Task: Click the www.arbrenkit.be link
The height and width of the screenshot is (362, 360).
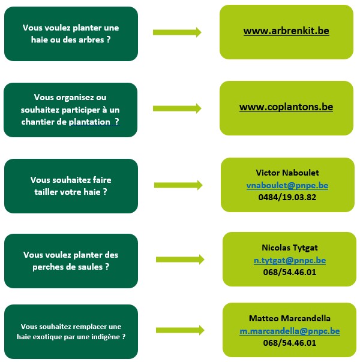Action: [286, 31]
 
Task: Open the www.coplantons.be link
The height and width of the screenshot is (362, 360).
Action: [286, 107]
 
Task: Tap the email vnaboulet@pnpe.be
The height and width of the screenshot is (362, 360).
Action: [287, 185]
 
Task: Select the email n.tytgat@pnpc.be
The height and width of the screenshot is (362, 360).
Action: [290, 261]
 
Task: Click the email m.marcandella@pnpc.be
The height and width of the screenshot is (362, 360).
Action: [290, 331]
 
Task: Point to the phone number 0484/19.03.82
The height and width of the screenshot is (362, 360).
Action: [287, 197]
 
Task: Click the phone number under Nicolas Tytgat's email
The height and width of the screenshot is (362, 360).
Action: [290, 272]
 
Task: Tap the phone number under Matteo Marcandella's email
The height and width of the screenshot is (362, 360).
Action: [290, 343]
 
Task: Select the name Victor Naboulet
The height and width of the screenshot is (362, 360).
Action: [287, 173]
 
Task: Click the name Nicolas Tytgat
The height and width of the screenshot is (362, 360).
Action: [290, 248]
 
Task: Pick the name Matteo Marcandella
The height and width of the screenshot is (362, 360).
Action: [290, 318]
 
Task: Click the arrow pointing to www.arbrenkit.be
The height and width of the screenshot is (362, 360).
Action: [177, 32]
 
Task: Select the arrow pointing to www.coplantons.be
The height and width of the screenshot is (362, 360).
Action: [177, 108]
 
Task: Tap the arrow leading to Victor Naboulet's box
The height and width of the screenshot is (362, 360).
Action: [178, 185]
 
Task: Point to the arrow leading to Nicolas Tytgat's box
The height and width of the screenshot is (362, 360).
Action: [180, 260]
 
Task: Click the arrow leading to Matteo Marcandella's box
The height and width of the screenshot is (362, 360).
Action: [180, 330]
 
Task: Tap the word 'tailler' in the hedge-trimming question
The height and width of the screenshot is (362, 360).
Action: [46, 192]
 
